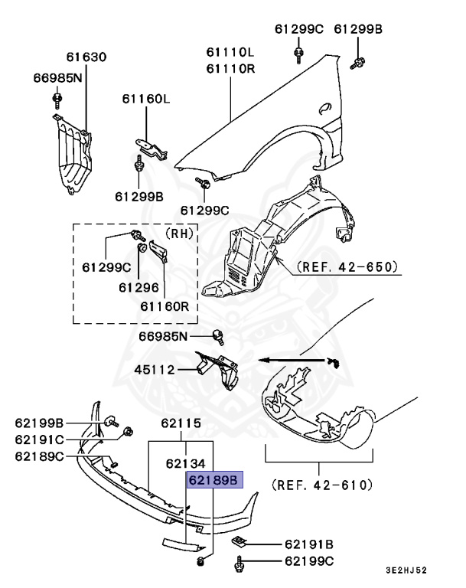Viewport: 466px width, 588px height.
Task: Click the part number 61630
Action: coord(86,57)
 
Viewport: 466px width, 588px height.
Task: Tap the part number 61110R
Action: coord(229,67)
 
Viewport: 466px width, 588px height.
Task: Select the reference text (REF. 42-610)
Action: coord(321,485)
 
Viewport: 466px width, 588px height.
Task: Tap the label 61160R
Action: coord(164,306)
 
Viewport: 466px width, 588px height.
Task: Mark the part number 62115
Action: coord(181,423)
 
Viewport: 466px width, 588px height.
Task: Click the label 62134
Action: coord(186,462)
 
